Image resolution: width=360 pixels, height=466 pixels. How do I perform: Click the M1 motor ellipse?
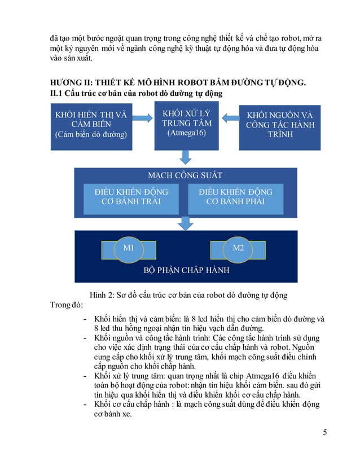click(x=128, y=249)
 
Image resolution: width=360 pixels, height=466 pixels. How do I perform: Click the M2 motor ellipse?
click(x=238, y=249)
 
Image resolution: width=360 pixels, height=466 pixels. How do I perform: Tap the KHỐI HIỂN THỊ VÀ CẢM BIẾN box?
click(x=90, y=125)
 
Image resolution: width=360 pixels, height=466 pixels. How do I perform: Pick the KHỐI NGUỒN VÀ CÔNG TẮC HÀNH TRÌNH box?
click(x=280, y=125)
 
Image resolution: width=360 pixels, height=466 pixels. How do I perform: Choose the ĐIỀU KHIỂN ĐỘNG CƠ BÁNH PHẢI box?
click(x=235, y=197)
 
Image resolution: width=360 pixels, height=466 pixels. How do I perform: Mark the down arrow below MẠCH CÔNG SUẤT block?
click(x=185, y=223)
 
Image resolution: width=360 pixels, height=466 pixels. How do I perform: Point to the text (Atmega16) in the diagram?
click(x=186, y=134)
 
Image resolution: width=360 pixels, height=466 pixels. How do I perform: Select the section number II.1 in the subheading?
click(x=58, y=94)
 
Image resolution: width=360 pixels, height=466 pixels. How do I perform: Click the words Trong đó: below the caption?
click(x=67, y=306)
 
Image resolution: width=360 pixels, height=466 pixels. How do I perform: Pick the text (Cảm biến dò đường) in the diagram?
click(x=90, y=135)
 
